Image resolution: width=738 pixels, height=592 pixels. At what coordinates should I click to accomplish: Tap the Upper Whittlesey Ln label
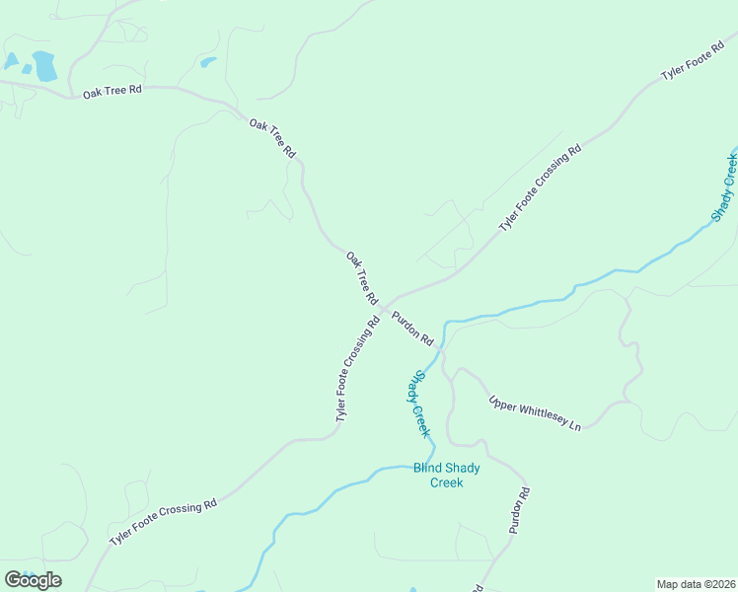click(x=536, y=412)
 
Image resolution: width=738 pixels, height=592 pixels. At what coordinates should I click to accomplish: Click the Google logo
click(x=33, y=579)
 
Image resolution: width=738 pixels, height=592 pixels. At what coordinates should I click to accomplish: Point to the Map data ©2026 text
click(x=697, y=584)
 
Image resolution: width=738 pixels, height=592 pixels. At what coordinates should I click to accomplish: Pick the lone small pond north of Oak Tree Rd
click(x=207, y=62)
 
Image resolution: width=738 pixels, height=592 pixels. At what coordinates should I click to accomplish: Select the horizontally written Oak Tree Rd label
click(x=112, y=90)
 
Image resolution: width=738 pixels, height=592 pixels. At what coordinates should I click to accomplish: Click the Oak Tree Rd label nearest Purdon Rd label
click(x=362, y=277)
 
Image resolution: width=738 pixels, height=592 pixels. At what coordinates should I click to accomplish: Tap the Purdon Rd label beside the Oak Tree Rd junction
click(x=412, y=328)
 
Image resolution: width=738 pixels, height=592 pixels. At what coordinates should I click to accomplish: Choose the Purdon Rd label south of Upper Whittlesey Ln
click(x=520, y=510)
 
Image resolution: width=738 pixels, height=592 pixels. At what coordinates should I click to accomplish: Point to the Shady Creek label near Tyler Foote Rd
click(x=725, y=186)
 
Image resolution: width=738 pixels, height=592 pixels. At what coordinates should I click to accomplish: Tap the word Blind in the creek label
click(x=427, y=468)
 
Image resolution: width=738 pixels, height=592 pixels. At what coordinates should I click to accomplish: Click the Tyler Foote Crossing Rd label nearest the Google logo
click(x=163, y=522)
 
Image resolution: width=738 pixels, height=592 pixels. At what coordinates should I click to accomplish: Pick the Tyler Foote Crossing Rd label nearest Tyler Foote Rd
click(x=540, y=187)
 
